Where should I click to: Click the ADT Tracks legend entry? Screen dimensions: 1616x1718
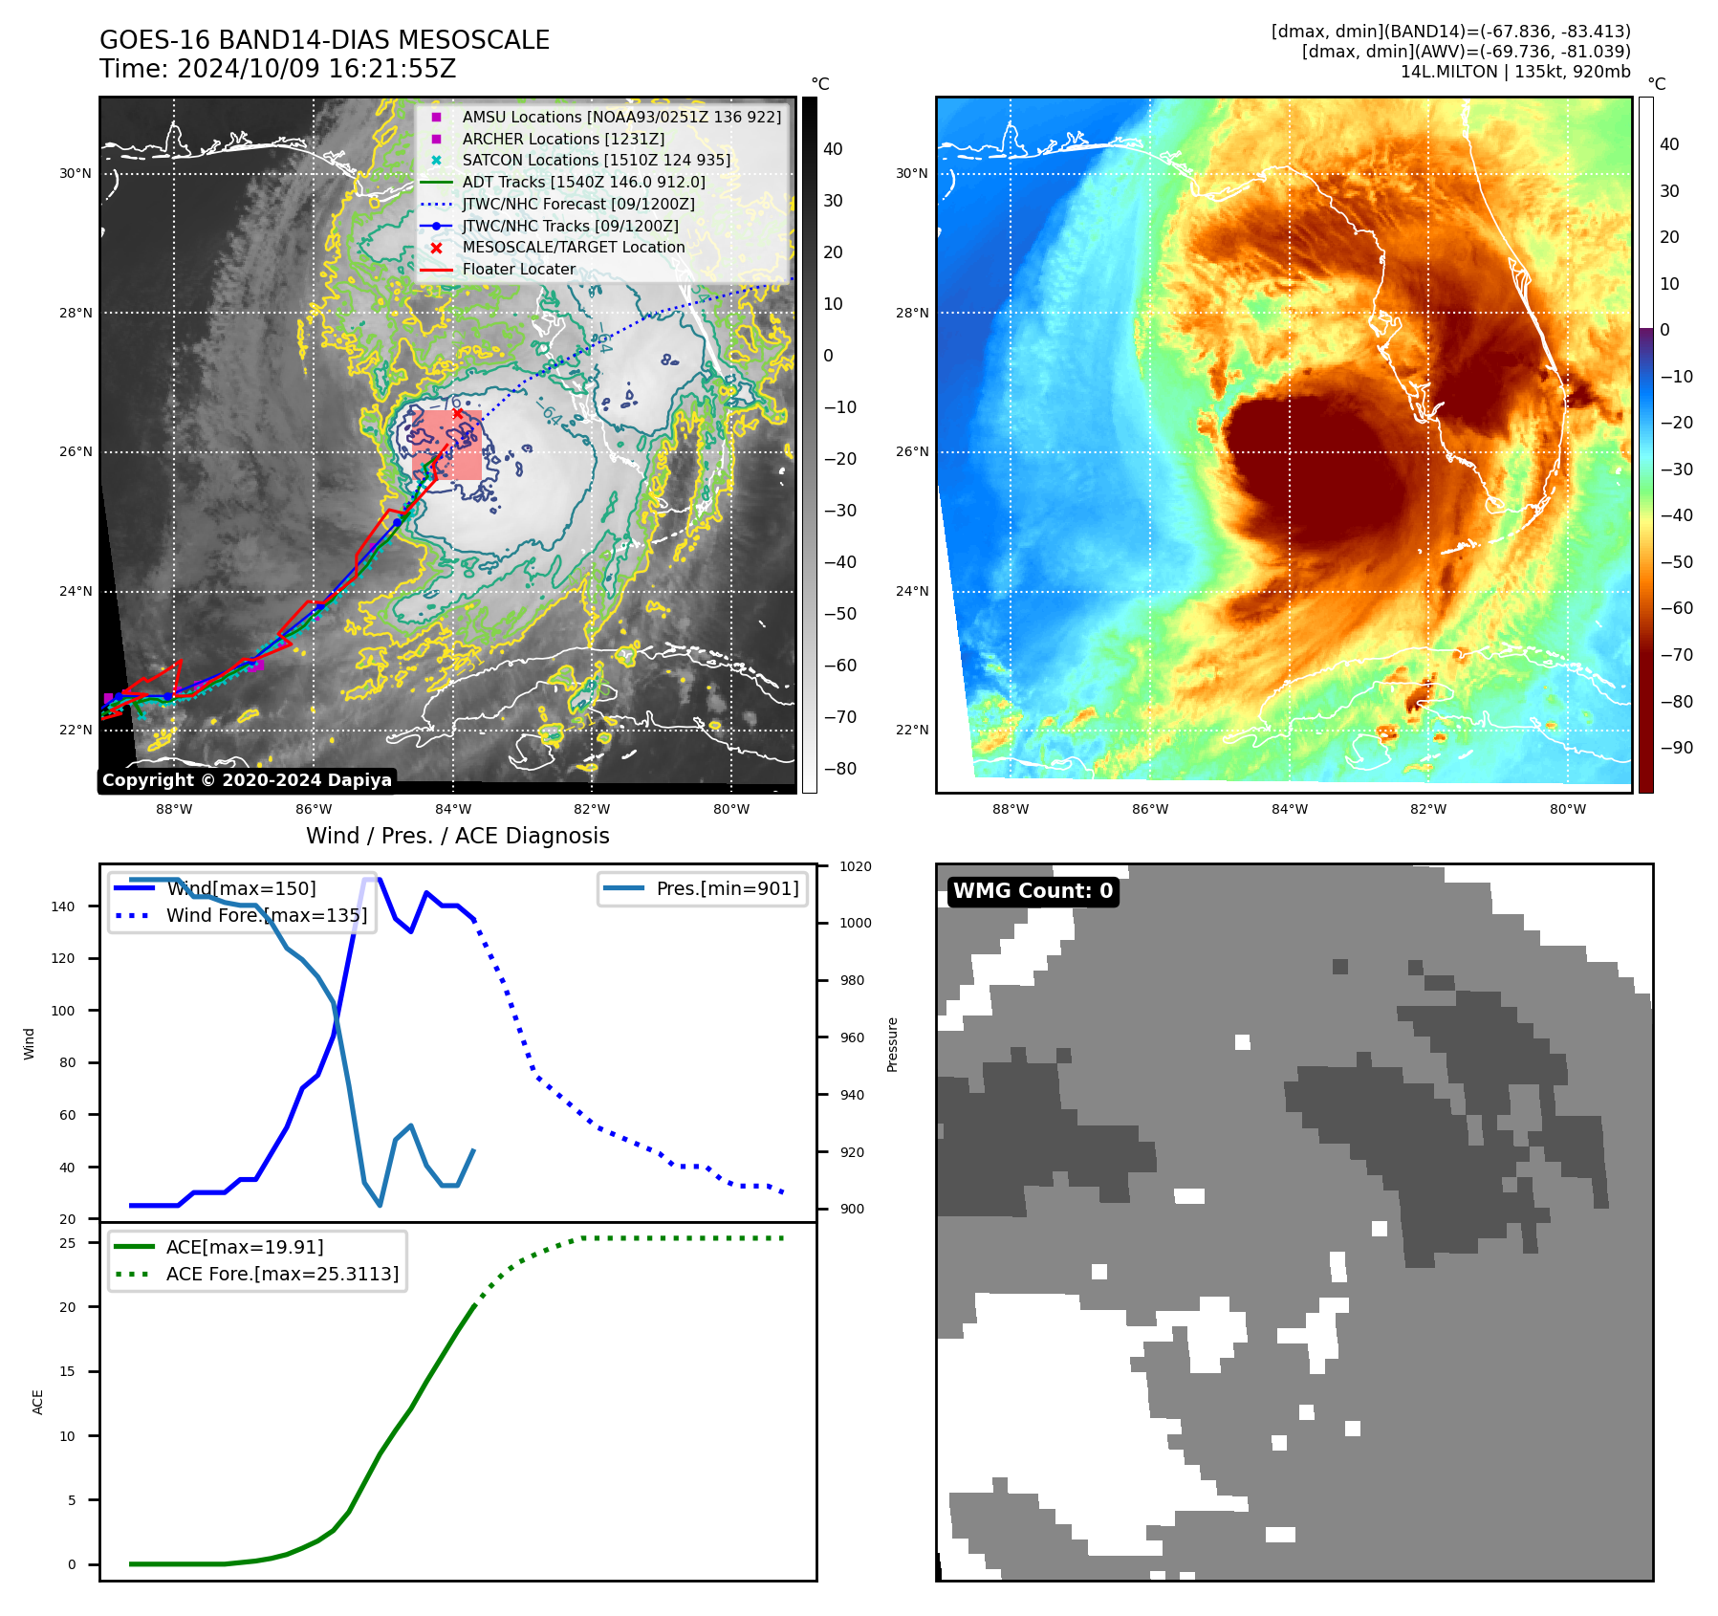click(x=583, y=182)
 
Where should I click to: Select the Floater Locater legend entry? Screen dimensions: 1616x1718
click(x=518, y=270)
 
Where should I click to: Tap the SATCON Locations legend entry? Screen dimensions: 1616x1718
click(x=596, y=160)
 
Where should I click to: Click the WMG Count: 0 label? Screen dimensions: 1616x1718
click(x=1033, y=891)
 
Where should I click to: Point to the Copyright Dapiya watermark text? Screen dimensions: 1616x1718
click(x=247, y=780)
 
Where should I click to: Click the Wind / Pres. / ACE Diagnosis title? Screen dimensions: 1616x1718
click(x=457, y=836)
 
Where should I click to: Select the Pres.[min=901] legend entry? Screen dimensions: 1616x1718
click(x=727, y=888)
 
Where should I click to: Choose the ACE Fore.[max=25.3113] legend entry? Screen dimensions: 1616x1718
click(x=282, y=1274)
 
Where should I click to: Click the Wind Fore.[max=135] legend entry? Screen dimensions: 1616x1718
click(x=266, y=915)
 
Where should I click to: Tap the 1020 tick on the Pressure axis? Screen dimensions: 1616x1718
click(x=855, y=866)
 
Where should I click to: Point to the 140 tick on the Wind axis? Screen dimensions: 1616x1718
click(x=63, y=906)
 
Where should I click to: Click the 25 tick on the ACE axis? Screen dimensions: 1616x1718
click(x=68, y=1243)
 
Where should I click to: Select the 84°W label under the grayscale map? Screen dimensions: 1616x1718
click(x=453, y=809)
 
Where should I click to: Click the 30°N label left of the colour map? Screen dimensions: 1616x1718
click(x=911, y=174)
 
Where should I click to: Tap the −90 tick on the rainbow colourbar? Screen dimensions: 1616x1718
click(x=1676, y=748)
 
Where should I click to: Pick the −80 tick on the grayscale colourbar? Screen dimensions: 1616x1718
click(x=840, y=769)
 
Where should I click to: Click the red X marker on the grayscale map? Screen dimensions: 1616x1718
click(x=458, y=413)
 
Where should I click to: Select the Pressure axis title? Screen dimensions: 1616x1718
click(x=892, y=1044)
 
